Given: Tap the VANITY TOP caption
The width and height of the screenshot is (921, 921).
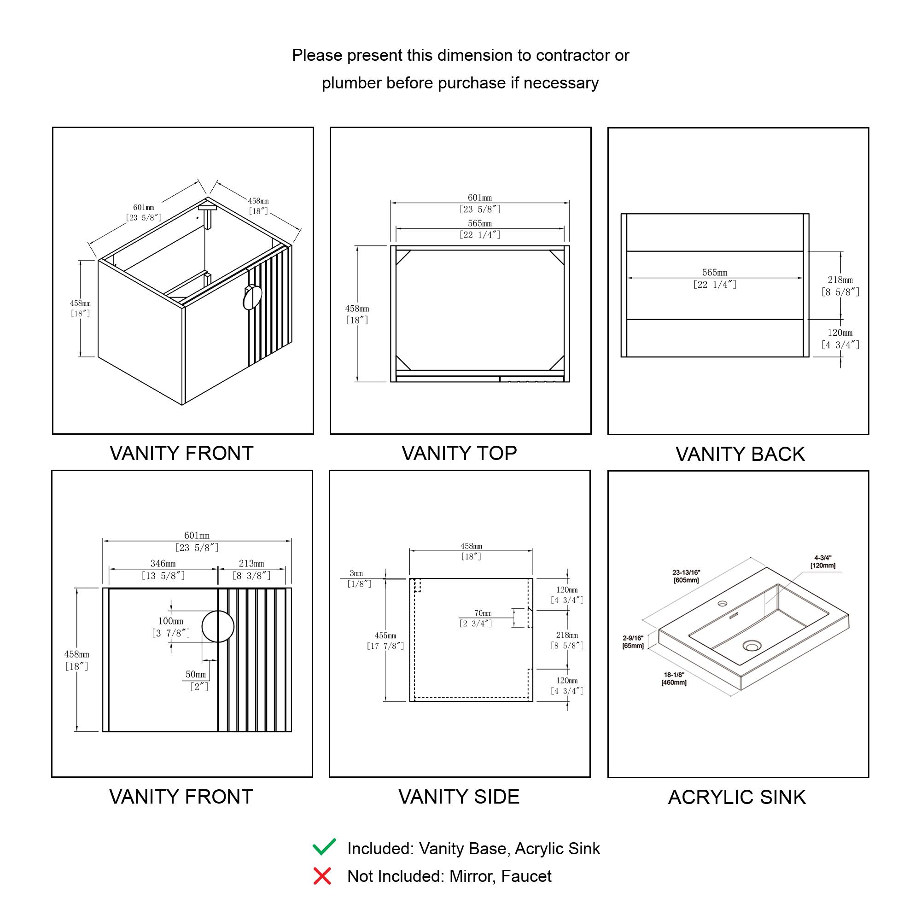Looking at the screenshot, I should click(459, 453).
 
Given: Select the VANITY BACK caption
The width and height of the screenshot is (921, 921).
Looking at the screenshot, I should click(740, 455).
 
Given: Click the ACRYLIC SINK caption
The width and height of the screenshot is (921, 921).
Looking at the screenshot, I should click(736, 797).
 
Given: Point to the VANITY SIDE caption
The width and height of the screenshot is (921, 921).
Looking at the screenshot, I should click(459, 797).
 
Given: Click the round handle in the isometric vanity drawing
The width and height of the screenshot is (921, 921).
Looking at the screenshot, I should click(252, 297).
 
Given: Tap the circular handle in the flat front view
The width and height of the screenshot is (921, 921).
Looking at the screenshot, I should click(218, 626).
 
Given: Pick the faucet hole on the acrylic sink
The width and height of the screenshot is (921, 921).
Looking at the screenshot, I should click(723, 604).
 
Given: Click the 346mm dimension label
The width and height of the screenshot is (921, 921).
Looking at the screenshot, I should click(163, 564).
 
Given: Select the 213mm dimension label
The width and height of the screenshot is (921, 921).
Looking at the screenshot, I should click(251, 564).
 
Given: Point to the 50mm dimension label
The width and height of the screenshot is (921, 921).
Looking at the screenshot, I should click(196, 674).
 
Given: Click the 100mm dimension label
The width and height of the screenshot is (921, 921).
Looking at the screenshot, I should click(171, 621).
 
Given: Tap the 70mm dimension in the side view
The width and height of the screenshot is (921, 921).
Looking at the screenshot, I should click(483, 613).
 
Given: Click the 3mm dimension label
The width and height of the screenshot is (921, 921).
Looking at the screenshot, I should click(356, 573).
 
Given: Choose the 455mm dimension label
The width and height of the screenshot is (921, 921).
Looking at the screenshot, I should click(385, 636).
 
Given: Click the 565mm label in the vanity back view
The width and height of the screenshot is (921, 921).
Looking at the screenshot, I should click(715, 273).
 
